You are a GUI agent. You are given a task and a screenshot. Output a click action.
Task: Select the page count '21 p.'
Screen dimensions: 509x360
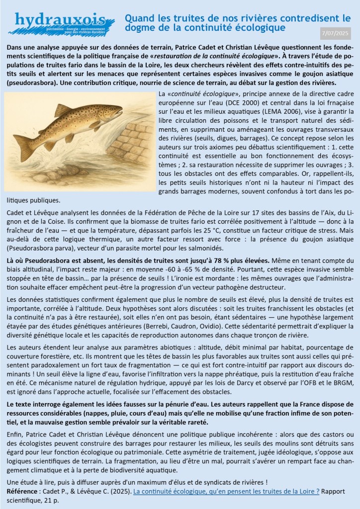pos(58,500)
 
